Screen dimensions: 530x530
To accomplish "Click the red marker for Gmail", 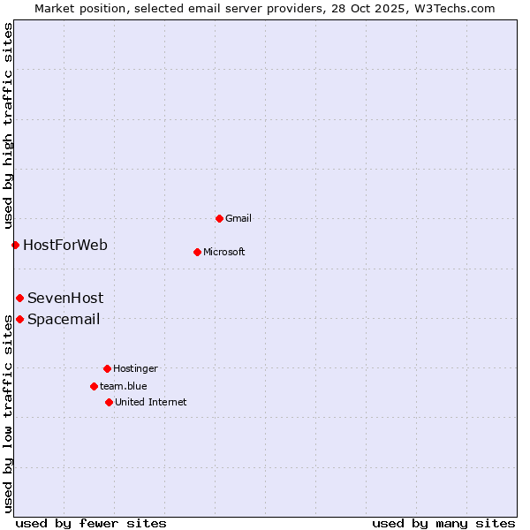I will click(x=219, y=218).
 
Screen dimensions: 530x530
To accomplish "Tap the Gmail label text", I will click(x=238, y=218).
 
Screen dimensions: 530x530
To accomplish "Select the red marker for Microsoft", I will click(x=197, y=252).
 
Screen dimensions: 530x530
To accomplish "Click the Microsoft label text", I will click(x=223, y=252).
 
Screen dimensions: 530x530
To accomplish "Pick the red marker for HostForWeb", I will click(x=15, y=245).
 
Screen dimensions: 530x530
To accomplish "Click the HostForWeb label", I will click(x=64, y=245).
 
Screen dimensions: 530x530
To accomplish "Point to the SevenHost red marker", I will click(x=19, y=298).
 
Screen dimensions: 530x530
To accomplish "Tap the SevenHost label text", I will click(x=64, y=298).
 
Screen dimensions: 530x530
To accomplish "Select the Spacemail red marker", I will click(x=19, y=319).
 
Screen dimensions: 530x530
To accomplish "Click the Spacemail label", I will click(x=63, y=319).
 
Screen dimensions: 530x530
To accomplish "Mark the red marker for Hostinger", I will click(x=107, y=368).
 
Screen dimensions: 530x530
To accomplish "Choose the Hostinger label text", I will click(x=135, y=368).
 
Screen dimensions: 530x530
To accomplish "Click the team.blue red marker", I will click(x=94, y=386).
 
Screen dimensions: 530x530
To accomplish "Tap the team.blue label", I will click(x=123, y=386).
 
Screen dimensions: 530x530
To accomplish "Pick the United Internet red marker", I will click(x=109, y=402).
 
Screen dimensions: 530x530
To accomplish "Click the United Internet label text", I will click(x=150, y=402).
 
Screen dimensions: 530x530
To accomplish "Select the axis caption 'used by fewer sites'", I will click(x=91, y=523).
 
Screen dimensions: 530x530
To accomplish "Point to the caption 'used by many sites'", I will click(x=443, y=523).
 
